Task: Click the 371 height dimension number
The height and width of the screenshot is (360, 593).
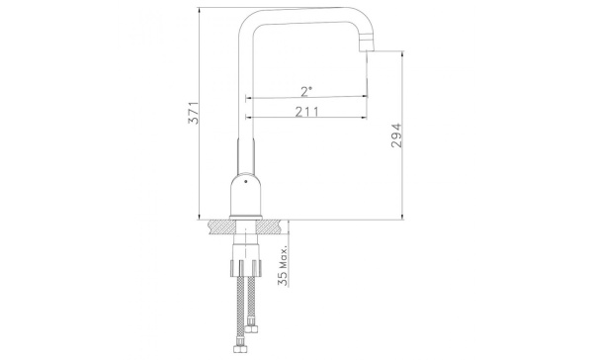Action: point(194,113)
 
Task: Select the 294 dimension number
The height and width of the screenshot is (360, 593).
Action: point(396,135)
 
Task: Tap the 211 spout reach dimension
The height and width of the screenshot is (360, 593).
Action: point(306,112)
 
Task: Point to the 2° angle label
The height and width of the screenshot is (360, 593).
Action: point(306,91)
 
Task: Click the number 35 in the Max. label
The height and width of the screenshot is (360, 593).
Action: point(283,278)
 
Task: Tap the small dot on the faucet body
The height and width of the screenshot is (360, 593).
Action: point(246,182)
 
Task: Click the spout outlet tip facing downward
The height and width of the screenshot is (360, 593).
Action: point(366,48)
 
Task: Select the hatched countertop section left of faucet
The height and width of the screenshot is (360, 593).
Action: point(220,226)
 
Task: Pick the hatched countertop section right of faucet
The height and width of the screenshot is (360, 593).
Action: point(270,226)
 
